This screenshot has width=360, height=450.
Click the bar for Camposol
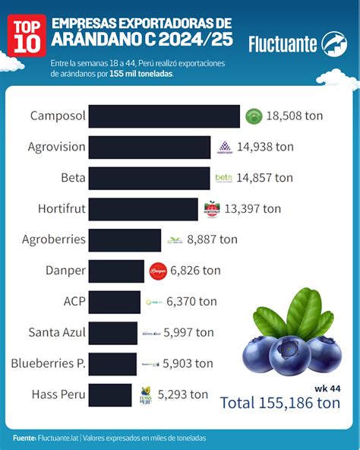164,116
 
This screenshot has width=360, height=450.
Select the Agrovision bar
150,147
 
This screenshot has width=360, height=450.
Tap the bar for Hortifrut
144,209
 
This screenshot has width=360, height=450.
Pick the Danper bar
116,271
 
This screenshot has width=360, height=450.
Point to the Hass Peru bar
111,395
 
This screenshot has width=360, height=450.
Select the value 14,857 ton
264,178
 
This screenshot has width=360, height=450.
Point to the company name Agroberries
53,239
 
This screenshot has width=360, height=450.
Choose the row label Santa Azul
56,332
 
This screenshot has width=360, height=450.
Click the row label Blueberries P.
47,363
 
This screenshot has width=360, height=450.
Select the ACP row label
74,301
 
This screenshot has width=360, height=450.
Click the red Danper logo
158,271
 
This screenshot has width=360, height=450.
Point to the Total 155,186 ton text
279,404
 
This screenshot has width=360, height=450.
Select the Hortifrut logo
212,209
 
